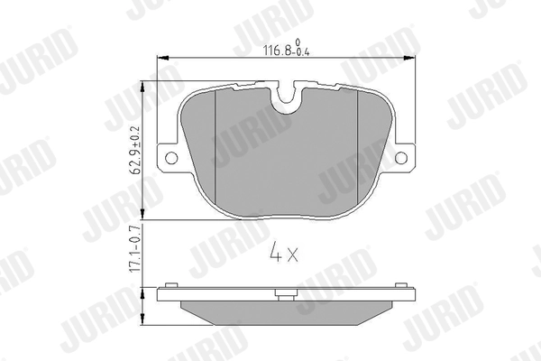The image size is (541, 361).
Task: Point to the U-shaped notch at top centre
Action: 288,97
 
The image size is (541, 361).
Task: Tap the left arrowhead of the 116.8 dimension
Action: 163,59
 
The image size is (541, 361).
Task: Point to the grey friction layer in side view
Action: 287,312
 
